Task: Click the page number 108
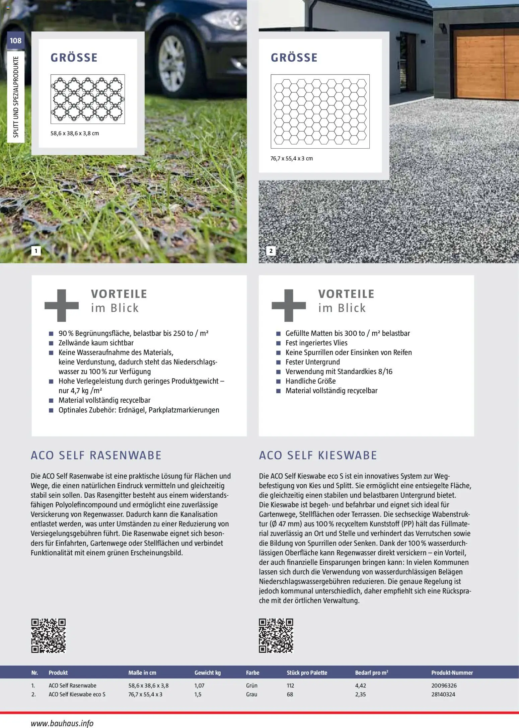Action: coord(15,41)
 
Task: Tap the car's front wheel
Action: coord(172,63)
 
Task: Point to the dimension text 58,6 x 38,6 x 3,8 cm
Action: coord(75,133)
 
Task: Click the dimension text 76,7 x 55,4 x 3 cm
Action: coord(291,158)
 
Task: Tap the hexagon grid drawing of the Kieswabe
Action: coord(320,111)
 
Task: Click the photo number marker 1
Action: coord(36,251)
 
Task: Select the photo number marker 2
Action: coord(271,251)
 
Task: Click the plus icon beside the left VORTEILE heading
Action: coord(62,305)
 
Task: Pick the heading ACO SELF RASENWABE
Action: coord(96,455)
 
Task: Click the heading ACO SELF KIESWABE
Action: coord(318,455)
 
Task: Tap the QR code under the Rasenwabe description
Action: coord(49,636)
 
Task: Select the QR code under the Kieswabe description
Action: coord(276,636)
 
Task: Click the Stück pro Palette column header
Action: coord(307,672)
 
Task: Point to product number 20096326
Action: coord(444,685)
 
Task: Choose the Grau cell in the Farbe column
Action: coord(251,694)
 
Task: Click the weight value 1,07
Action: coord(199,685)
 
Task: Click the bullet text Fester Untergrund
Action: coord(312,362)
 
